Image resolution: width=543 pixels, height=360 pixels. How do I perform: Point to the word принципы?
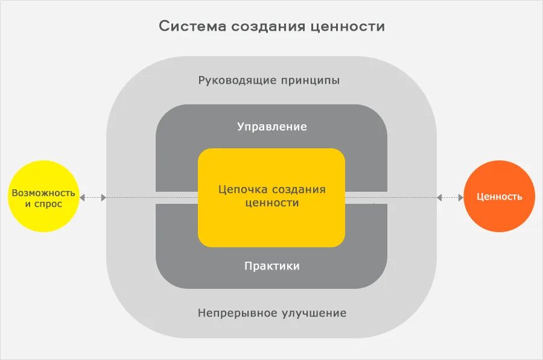point(310,80)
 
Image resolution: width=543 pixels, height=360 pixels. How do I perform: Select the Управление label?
point(271,127)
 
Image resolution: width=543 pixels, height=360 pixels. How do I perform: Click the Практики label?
point(271,266)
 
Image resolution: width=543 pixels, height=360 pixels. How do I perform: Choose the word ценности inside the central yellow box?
point(272,203)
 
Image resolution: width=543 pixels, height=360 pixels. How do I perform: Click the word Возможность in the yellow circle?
point(43,193)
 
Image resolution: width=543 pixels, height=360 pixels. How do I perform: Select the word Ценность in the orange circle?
point(499,197)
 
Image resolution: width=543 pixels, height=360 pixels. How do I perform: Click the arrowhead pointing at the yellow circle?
point(83,197)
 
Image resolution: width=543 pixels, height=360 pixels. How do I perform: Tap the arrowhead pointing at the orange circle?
point(460,197)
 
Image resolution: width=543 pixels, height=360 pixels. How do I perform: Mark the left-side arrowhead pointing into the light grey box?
point(104,197)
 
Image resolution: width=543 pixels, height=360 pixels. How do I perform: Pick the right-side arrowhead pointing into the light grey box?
point(439,197)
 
